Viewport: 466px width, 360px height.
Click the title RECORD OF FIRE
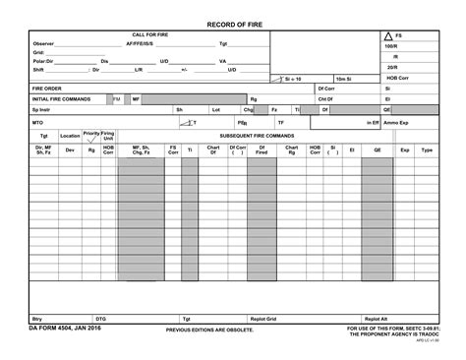coord(234,23)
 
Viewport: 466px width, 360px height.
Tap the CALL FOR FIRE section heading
coord(150,34)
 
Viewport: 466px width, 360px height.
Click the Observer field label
coord(43,44)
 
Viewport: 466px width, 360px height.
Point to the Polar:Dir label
coord(45,61)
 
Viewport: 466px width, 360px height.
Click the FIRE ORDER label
coord(47,88)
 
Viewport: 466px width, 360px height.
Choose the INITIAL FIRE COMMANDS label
coord(62,99)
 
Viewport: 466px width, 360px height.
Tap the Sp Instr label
coord(41,110)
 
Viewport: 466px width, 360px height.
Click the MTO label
coord(37,123)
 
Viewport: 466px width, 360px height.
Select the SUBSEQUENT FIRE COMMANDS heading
coord(257,136)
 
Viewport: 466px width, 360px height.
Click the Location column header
coord(70,136)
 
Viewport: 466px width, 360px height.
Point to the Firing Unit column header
coord(108,136)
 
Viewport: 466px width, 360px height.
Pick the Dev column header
coord(70,150)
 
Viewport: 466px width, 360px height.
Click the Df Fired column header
coord(262,150)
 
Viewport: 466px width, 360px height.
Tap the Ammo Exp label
coord(396,123)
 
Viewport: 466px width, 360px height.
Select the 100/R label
coord(391,46)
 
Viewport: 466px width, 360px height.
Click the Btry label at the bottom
coord(37,319)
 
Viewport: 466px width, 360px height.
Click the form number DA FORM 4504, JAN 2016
coord(65,329)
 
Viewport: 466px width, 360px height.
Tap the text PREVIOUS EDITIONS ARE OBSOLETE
coord(209,330)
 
